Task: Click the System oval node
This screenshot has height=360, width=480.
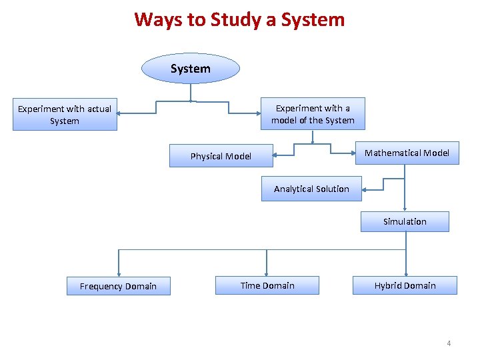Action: (x=190, y=69)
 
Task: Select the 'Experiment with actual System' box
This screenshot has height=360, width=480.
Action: (x=65, y=115)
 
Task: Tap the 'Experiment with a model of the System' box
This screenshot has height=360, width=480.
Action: (x=313, y=114)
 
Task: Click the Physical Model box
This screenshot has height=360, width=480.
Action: (x=221, y=156)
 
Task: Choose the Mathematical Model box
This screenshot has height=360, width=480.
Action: (x=407, y=153)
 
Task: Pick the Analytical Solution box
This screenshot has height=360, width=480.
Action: (x=311, y=189)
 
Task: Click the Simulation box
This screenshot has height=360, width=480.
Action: (x=405, y=221)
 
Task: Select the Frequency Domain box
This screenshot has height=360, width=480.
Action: (x=118, y=286)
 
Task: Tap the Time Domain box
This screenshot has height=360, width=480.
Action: (x=267, y=285)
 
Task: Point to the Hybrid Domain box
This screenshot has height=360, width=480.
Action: (x=405, y=285)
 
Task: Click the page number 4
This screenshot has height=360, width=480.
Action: (x=449, y=343)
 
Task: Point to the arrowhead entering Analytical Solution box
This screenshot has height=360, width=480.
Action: (x=364, y=189)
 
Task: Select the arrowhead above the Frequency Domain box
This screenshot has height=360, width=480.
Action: (x=119, y=273)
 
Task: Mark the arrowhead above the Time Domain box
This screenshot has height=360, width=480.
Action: (x=267, y=272)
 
